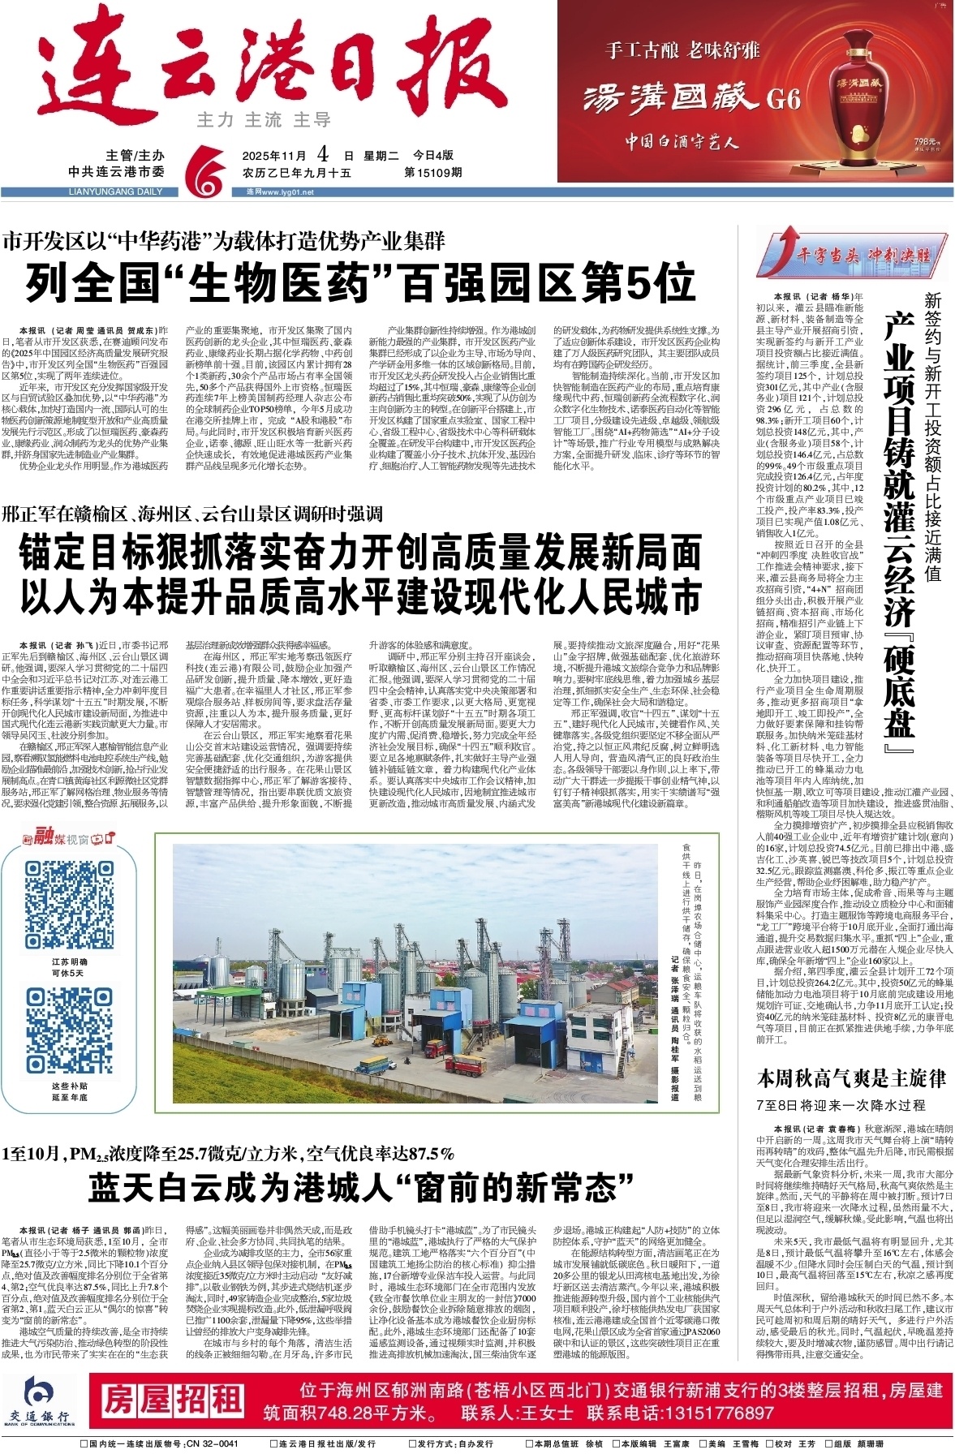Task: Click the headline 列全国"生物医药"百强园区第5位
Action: [361, 283]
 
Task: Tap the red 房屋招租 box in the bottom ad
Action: [171, 1400]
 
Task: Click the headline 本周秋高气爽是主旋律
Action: [851, 1078]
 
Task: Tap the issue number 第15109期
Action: [432, 172]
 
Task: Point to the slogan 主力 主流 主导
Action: [264, 120]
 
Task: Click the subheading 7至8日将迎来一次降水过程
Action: [840, 1104]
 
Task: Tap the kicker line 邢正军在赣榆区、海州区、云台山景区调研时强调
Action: [192, 514]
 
